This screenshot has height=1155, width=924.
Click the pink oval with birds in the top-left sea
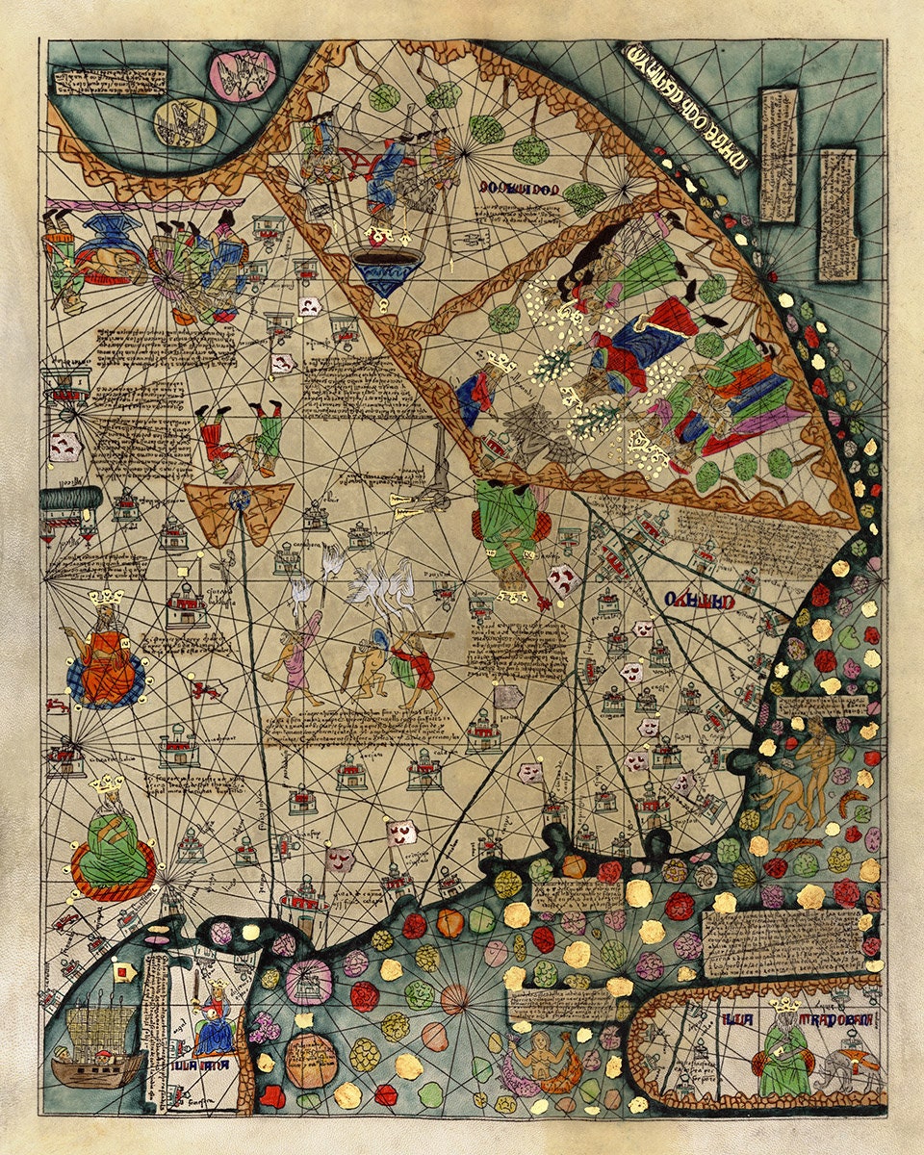[x=244, y=75]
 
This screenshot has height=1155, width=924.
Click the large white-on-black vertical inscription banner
[x=684, y=106]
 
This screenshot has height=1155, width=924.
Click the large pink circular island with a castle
[x=308, y=982]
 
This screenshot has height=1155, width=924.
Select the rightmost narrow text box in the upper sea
[x=836, y=214]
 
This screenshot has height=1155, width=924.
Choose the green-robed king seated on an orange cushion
[x=114, y=847]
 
